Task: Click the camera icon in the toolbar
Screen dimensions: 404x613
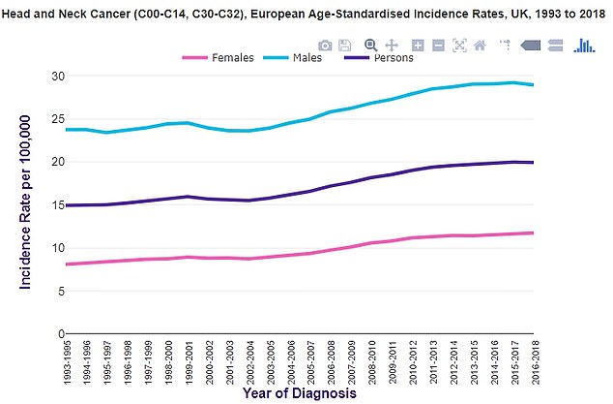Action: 326,45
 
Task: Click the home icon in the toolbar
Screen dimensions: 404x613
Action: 480,45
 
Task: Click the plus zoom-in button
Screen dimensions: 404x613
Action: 418,45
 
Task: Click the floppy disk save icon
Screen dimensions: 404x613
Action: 345,45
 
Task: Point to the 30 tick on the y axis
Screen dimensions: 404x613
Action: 57,77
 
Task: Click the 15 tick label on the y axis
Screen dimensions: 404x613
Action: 57,205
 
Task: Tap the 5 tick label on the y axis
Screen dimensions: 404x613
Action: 60,291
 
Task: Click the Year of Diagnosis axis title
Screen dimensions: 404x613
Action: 299,394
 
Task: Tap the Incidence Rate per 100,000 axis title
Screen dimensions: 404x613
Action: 24,201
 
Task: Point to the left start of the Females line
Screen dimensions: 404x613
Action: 66,264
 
